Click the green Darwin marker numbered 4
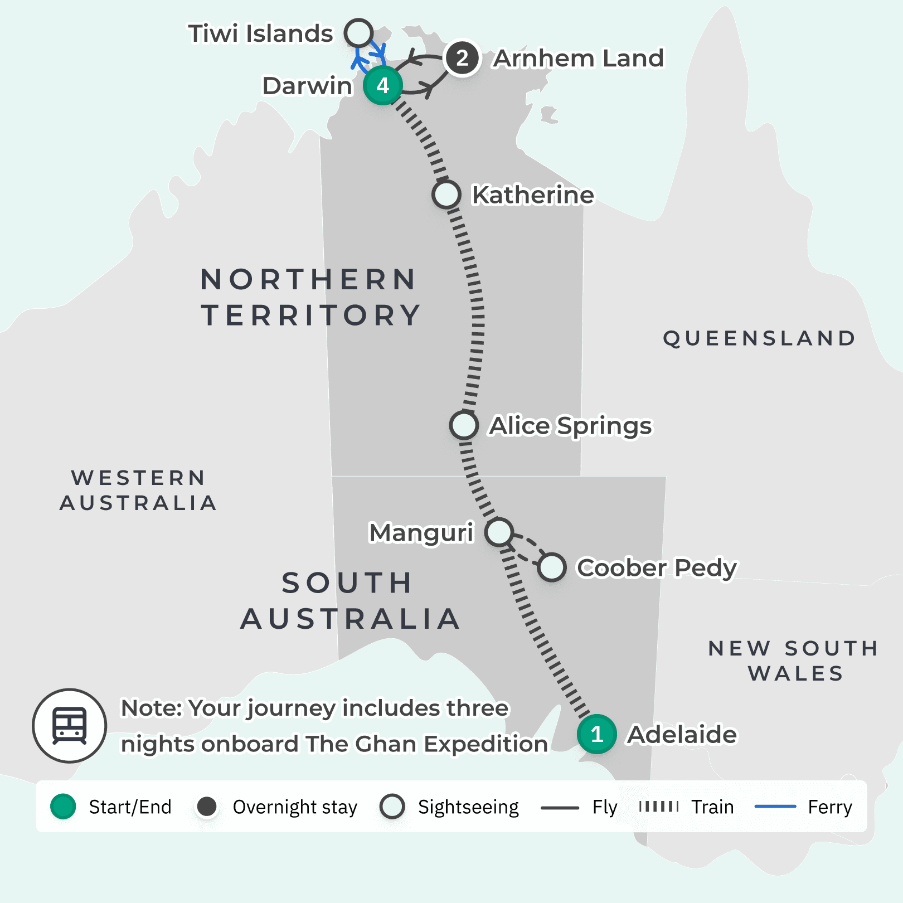point(382,85)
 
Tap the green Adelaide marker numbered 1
point(596,734)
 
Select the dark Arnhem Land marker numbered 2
point(462,58)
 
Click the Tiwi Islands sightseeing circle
point(358,33)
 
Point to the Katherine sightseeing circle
point(446,195)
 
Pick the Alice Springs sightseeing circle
point(464,425)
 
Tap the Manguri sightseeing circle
point(499,532)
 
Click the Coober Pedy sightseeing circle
point(552,567)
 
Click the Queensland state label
point(759,338)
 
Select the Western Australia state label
point(138,490)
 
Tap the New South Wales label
point(794,661)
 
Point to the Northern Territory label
point(310,297)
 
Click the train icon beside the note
point(70,726)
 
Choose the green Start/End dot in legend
point(63,807)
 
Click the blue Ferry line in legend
point(775,807)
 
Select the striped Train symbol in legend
point(659,807)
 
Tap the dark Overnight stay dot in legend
point(207,807)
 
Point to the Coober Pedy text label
point(657,567)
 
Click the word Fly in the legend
point(605,807)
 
